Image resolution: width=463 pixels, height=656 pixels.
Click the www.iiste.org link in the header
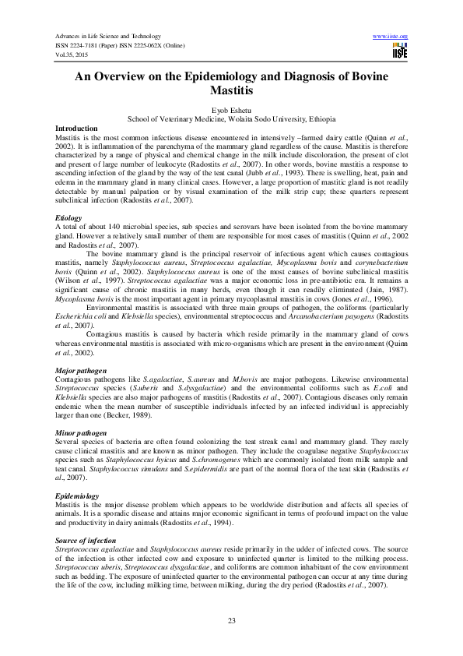coord(391,37)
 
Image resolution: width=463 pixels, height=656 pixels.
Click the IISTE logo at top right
coord(400,51)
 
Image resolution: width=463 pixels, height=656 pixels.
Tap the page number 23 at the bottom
coord(231,620)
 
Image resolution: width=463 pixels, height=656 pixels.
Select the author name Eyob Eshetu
coord(231,111)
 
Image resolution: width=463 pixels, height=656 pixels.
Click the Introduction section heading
coord(76,128)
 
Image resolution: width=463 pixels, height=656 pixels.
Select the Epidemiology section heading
coord(77,496)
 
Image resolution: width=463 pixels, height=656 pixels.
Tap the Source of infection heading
coord(86,540)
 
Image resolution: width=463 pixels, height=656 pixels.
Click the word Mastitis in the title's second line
coord(231,91)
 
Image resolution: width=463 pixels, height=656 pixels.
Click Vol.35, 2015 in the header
coord(72,57)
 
